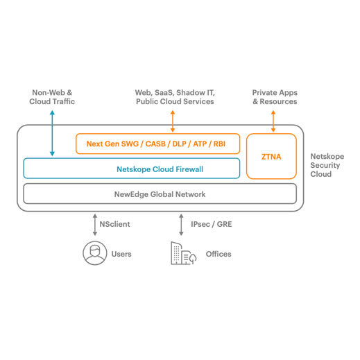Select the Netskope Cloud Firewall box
131,169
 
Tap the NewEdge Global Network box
160,194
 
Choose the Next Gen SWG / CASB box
157,144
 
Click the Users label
121,254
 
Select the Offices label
218,254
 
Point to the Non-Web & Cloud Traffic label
52,96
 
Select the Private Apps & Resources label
274,96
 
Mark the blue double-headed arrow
52,133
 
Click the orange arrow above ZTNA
273,121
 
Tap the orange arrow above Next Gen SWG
173,121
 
